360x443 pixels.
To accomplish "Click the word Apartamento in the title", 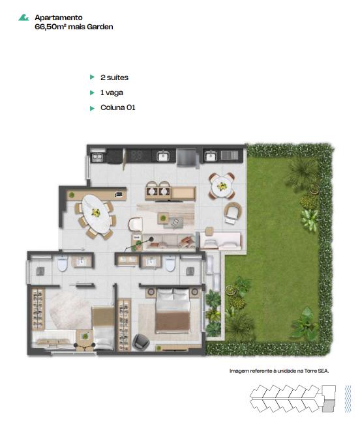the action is (59, 18).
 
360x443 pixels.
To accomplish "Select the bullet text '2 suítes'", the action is (114, 78).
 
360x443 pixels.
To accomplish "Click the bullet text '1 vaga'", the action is (112, 93).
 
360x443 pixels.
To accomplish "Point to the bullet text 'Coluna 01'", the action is (118, 107).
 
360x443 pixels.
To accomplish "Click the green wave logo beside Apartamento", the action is (23, 18).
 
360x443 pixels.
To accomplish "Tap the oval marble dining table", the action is (96, 214).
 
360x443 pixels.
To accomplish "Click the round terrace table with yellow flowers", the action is (222, 186).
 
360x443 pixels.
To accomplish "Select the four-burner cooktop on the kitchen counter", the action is (139, 155).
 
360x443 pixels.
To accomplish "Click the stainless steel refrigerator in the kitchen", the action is (187, 157).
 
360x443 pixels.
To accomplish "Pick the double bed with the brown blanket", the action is (173, 310).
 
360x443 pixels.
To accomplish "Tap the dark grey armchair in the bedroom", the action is (141, 342).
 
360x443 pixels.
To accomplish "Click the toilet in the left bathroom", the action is (62, 263).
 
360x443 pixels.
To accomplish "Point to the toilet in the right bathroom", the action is (170, 263).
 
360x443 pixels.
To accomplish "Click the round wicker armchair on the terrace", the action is (233, 213).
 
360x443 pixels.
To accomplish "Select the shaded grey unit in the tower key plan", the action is (329, 406).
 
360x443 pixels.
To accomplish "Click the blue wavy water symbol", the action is (348, 399).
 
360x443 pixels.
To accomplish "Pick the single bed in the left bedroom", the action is (103, 328).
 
